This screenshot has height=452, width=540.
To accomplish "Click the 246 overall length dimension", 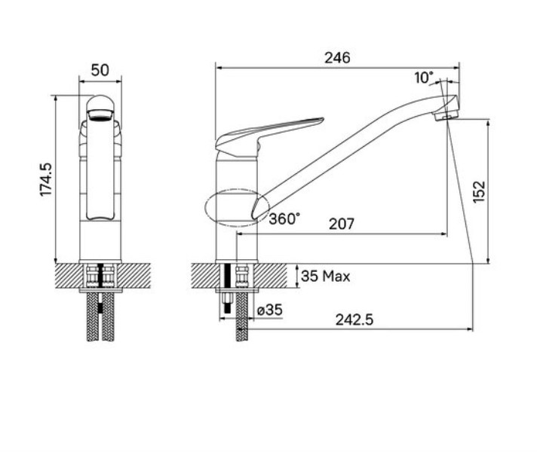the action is click(337, 58).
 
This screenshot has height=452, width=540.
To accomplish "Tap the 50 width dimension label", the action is click(100, 70).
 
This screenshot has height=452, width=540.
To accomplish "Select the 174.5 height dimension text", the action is click(46, 179).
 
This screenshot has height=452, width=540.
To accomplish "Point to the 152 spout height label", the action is click(479, 192).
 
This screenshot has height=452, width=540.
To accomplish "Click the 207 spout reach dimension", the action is click(342, 224).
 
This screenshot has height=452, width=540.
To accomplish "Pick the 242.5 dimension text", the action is click(354, 320).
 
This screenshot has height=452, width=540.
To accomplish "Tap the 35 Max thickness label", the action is click(326, 276).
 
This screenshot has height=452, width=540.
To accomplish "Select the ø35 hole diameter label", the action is click(270, 310).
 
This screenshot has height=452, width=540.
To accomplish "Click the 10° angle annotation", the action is click(424, 78).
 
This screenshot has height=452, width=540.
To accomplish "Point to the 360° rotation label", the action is click(284, 218).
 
